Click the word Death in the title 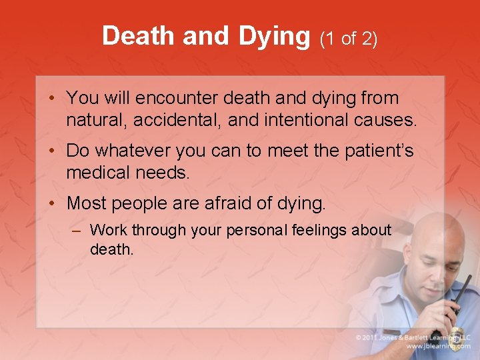(x=139, y=36)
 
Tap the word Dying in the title (x=274, y=37)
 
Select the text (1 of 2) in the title (x=349, y=39)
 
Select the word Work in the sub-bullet (x=108, y=231)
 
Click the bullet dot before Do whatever (x=51, y=151)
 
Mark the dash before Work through (x=77, y=231)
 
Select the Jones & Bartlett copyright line (x=413, y=336)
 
